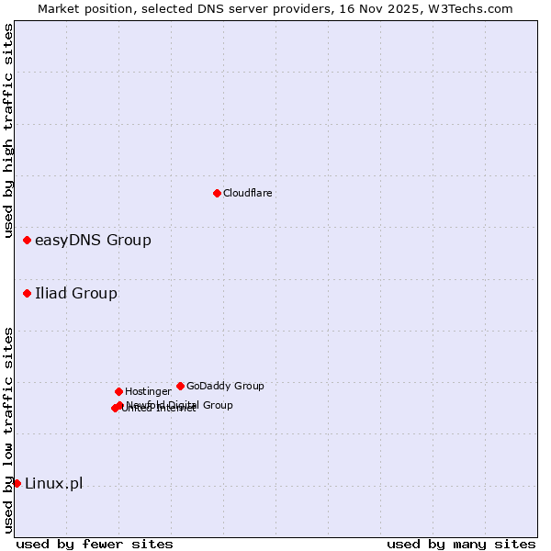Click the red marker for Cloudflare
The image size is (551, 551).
point(217,193)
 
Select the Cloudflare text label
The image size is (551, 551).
point(248,193)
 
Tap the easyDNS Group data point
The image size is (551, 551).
point(27,240)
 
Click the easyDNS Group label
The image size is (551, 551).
point(93,241)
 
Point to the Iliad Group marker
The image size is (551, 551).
point(27,293)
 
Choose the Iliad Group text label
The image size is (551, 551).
point(76,294)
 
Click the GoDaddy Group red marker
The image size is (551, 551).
point(180,386)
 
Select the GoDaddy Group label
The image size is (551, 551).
point(225,387)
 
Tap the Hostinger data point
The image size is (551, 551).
point(118,391)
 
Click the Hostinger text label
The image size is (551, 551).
point(148,392)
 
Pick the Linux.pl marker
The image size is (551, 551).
point(17,483)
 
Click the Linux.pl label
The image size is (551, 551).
point(53,484)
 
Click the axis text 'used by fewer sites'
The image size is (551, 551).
point(95,544)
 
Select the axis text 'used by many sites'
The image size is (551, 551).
point(461,544)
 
